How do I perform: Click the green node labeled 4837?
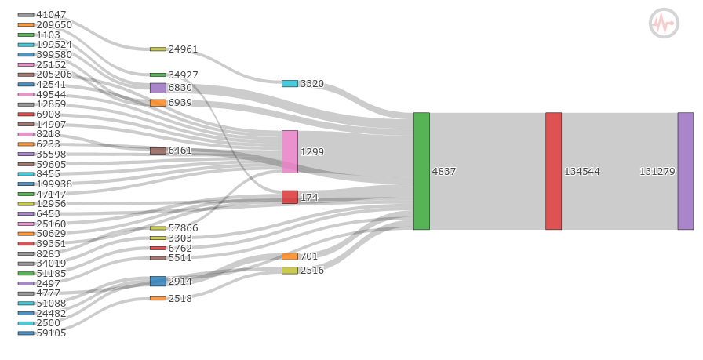pyautogui.click(x=421, y=171)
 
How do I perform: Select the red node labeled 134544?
pyautogui.click(x=553, y=171)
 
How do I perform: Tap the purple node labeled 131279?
pyautogui.click(x=686, y=171)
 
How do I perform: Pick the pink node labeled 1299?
pyautogui.click(x=290, y=151)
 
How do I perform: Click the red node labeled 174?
pyautogui.click(x=290, y=198)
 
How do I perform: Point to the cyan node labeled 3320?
pyautogui.click(x=290, y=83)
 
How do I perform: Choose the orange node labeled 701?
pyautogui.click(x=290, y=256)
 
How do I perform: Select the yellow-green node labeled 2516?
pyautogui.click(x=290, y=271)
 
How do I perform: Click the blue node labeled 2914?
pyautogui.click(x=158, y=281)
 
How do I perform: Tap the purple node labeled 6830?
pyautogui.click(x=158, y=88)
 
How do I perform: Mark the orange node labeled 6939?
pyautogui.click(x=158, y=103)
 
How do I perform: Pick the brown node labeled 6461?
pyautogui.click(x=158, y=151)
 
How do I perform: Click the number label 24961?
pyautogui.click(x=183, y=49)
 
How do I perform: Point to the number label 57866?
pyautogui.click(x=183, y=228)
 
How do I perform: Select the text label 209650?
pyautogui.click(x=54, y=24)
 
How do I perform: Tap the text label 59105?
pyautogui.click(x=51, y=333)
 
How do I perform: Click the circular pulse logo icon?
pyautogui.click(x=664, y=24)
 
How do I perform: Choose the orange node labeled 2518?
pyautogui.click(x=158, y=299)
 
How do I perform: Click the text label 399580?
pyautogui.click(x=54, y=55)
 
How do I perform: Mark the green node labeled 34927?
pyautogui.click(x=158, y=75)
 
